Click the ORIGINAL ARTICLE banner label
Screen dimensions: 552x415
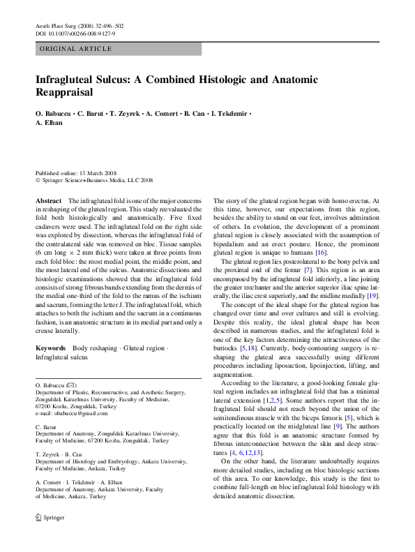click(x=75, y=49)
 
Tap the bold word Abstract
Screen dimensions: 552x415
click(x=48, y=200)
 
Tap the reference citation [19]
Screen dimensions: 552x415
click(x=373, y=297)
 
